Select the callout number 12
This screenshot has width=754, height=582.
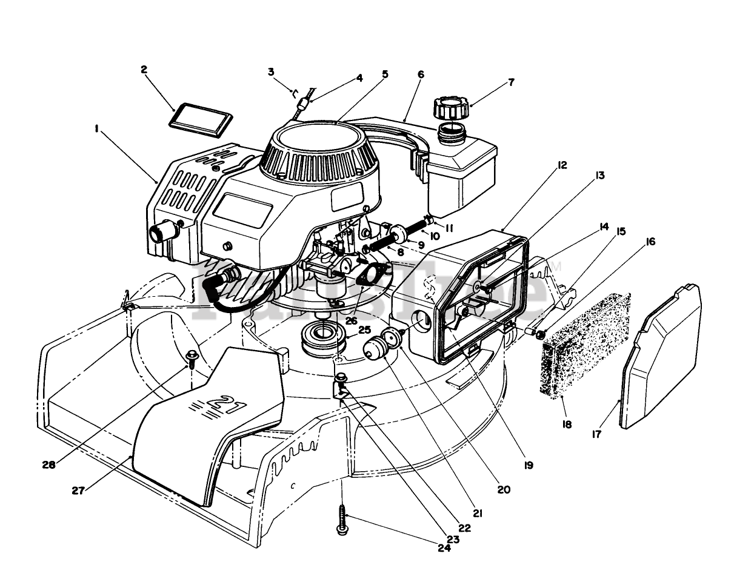coord(563,165)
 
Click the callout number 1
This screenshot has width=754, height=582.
coord(96,128)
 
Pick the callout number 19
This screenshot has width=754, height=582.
coord(528,465)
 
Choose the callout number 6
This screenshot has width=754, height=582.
coord(421,74)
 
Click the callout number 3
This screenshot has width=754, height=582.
coord(271,72)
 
